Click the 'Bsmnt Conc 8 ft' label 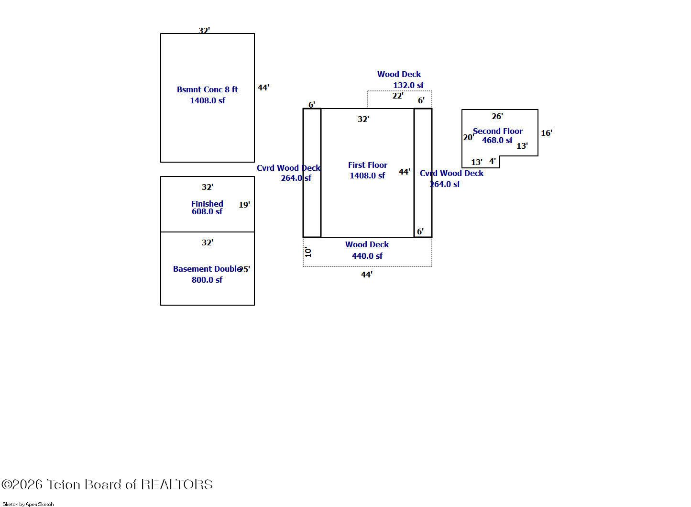point(208,89)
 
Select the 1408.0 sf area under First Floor point(367,176)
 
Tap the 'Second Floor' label point(498,131)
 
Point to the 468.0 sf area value point(497,140)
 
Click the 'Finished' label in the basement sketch point(207,204)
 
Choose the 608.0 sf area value point(207,211)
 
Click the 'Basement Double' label point(207,269)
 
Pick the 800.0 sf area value point(207,280)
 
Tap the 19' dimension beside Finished point(244,205)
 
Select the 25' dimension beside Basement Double point(244,269)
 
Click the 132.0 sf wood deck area point(408,85)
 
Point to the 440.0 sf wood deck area point(367,256)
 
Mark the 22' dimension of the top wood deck point(398,96)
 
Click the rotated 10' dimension point(308,252)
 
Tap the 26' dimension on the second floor point(497,116)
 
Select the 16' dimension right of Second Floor point(546,133)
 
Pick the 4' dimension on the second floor point(493,161)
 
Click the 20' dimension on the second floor point(469,137)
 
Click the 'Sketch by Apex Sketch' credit point(28,504)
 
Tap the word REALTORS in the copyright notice point(177,485)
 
